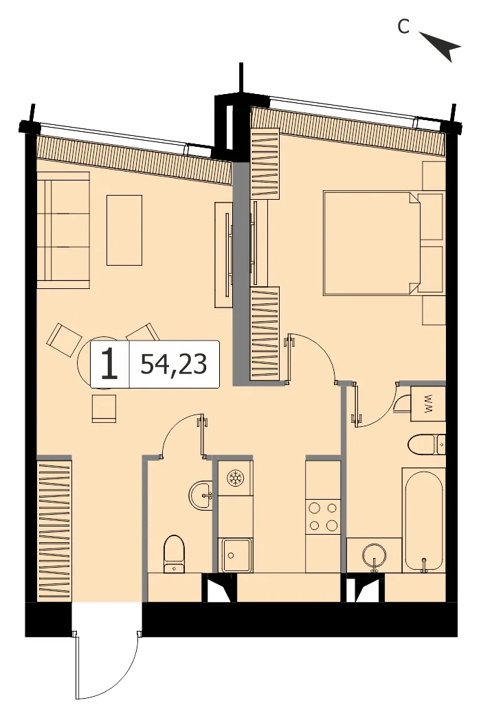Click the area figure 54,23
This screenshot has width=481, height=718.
point(174,364)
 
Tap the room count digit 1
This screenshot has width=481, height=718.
point(109,364)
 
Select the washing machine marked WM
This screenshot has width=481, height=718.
point(427,404)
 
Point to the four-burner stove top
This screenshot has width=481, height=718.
point(323,516)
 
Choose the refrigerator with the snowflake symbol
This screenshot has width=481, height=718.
point(235,478)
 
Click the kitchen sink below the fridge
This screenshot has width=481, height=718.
point(236,555)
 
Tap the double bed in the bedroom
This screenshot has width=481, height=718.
point(372,243)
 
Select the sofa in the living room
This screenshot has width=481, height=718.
point(63,230)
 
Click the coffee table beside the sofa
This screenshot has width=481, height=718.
point(124,230)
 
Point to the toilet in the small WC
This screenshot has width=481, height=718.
point(174,554)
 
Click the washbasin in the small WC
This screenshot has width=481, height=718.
point(201,494)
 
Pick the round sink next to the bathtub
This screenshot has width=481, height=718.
point(374,556)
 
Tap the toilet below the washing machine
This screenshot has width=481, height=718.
point(427,443)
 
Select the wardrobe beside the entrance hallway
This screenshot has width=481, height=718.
point(54,530)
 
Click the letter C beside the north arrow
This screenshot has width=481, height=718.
point(403,27)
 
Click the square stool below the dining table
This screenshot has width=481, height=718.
point(104,408)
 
